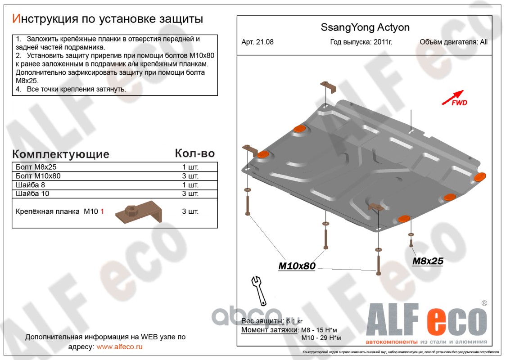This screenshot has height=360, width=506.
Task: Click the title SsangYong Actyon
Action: (x=365, y=27)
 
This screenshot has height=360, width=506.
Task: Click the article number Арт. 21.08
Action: (x=258, y=42)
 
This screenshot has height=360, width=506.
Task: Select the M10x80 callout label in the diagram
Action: (x=297, y=266)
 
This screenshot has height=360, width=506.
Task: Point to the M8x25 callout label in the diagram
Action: (x=428, y=261)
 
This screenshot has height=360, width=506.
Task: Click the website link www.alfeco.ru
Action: (x=120, y=346)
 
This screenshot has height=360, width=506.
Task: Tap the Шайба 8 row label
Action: (x=30, y=185)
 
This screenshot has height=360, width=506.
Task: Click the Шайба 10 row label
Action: (x=32, y=194)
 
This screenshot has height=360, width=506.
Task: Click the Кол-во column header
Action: (x=194, y=153)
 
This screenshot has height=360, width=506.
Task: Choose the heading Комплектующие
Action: (x=61, y=154)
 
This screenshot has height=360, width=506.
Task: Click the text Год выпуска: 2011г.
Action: (x=361, y=42)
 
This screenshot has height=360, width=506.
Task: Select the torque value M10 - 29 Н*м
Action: (x=321, y=338)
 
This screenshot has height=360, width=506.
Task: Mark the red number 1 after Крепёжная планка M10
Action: (x=102, y=211)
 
